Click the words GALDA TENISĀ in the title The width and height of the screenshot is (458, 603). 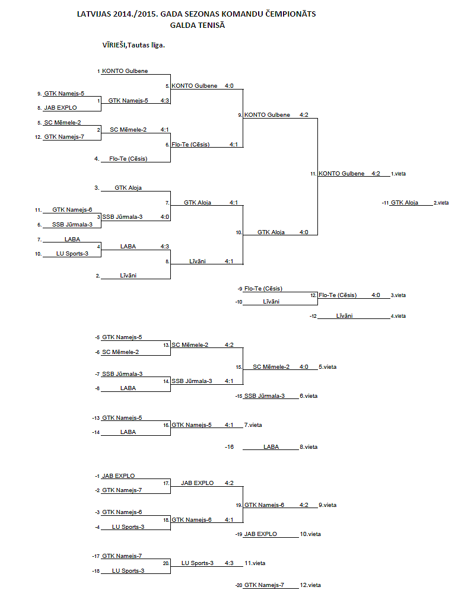[197, 25]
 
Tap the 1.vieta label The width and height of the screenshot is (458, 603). [398, 174]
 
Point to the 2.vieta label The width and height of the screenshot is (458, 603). [441, 203]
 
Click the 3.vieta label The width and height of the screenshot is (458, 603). [398, 295]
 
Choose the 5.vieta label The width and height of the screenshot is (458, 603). [327, 367]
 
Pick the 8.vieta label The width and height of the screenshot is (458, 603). [308, 447]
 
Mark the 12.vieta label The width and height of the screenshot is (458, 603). [310, 585]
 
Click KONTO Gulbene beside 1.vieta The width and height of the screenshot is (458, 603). [342, 174]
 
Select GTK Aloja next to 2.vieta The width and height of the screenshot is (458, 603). [404, 203]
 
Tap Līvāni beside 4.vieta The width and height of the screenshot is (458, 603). [344, 316]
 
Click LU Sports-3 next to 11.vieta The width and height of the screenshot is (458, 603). [198, 563]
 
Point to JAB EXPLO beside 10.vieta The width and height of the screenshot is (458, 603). [260, 534]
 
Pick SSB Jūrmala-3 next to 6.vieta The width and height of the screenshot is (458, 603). [265, 396]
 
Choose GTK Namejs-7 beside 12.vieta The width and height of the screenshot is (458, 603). [264, 585]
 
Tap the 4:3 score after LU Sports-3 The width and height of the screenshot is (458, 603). [229, 563]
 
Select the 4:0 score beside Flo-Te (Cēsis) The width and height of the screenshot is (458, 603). [376, 295]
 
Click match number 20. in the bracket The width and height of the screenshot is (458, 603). [167, 563]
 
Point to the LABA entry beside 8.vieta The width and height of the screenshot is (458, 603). [271, 447]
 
